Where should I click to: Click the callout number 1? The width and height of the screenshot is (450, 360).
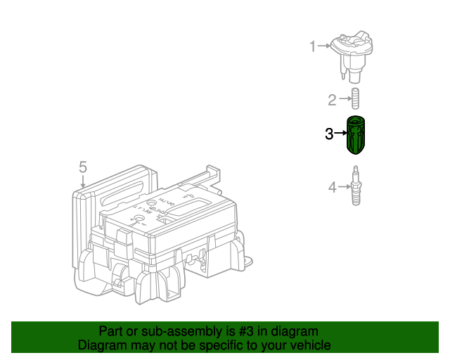click(313, 46)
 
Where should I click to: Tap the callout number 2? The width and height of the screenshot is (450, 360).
click(332, 101)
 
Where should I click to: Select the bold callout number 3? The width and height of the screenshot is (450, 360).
click(329, 134)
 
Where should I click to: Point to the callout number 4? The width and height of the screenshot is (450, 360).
click(332, 187)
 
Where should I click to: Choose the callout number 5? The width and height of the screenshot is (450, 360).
click(82, 167)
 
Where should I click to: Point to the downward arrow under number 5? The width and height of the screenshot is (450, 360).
click(82, 181)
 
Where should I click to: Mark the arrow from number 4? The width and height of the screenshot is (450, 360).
click(344, 187)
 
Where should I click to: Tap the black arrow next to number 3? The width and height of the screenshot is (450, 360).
click(341, 133)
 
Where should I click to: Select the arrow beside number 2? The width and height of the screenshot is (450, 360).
click(344, 101)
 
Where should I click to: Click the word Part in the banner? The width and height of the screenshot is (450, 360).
click(110, 331)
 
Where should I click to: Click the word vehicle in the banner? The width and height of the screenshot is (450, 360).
click(311, 345)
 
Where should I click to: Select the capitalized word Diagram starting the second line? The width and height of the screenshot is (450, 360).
click(101, 345)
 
